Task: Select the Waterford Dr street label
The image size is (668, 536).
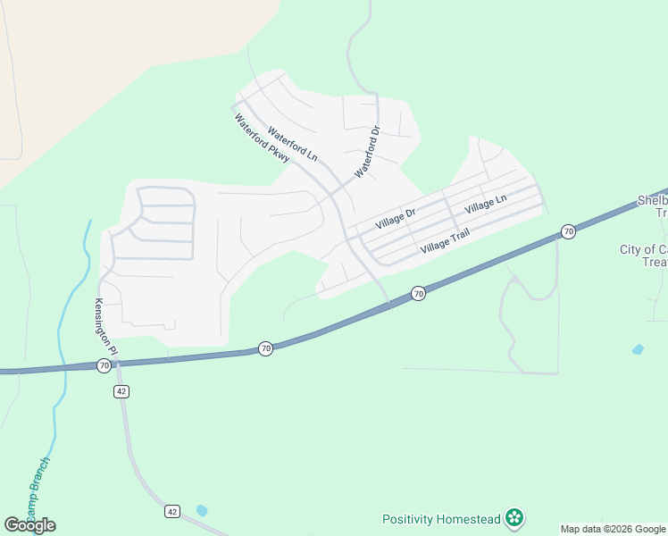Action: pos(367,150)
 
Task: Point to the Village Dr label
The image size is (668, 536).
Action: pos(396,218)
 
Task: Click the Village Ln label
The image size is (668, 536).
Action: pos(485,205)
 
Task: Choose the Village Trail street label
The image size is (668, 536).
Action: pos(445,239)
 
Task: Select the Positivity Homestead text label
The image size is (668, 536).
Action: pos(440,519)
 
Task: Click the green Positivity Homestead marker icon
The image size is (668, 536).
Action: pos(514,517)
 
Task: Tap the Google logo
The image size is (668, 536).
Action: pos(29,525)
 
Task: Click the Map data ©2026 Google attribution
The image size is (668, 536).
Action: pos(614,529)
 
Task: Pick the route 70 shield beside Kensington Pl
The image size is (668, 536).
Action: pos(104,365)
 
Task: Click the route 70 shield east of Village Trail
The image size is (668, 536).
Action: pos(568,231)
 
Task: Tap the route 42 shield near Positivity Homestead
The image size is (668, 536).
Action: pos(172,511)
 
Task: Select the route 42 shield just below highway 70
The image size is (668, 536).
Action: pos(122,391)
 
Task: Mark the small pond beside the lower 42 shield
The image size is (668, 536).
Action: pos(202,510)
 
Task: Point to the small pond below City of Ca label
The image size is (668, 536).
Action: pos(638,349)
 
